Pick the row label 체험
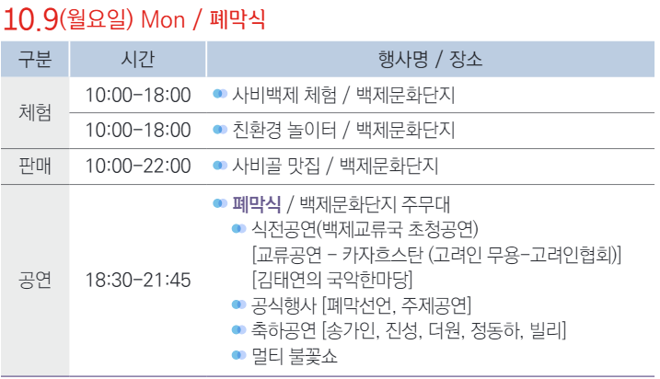[x=35, y=111]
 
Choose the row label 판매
[x=35, y=166]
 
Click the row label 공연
[x=35, y=280]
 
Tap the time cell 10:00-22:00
[x=137, y=166]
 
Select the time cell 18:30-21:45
[x=137, y=280]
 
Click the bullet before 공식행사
[x=238, y=304]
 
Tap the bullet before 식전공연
[x=238, y=228]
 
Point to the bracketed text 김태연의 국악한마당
[x=332, y=279]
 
